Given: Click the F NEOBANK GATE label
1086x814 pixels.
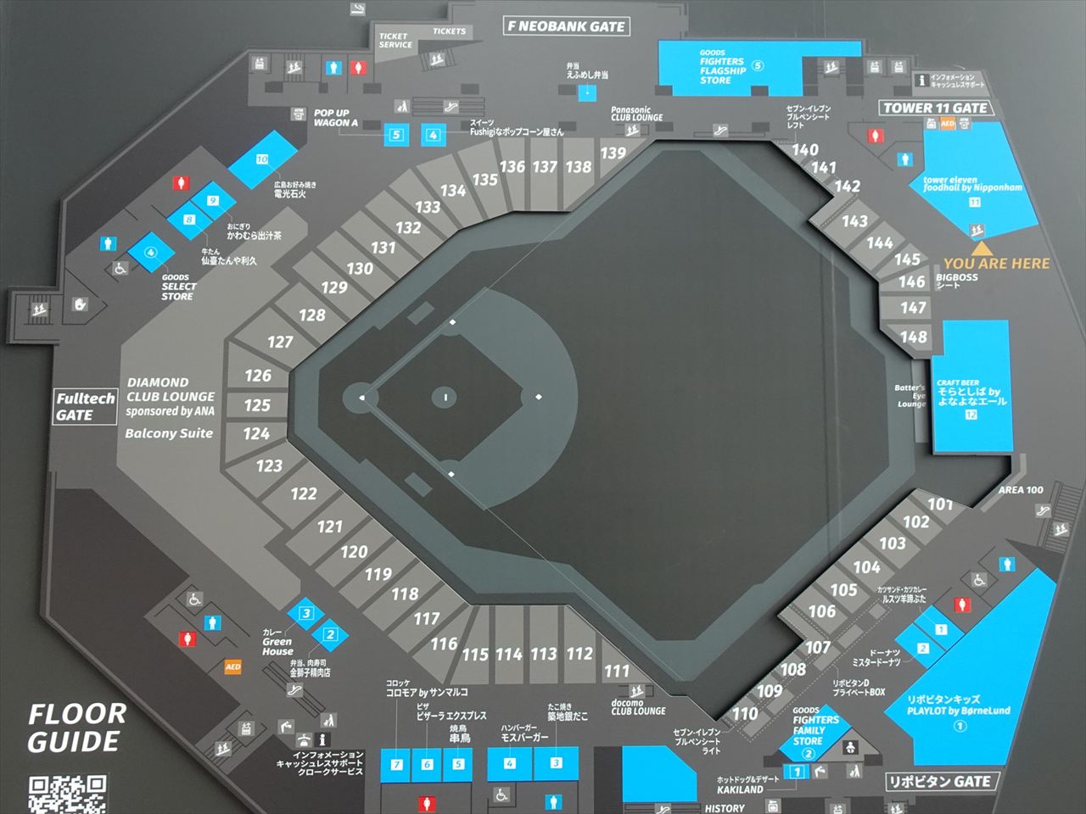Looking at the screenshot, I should click(x=566, y=26).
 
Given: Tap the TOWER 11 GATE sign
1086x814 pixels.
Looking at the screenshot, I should click(x=935, y=108).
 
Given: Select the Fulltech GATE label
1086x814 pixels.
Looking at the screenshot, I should click(x=84, y=406).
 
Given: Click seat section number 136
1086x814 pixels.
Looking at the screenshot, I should click(x=512, y=167).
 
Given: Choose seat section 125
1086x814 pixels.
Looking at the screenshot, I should click(x=257, y=405).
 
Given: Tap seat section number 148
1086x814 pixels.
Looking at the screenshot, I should click(x=913, y=337).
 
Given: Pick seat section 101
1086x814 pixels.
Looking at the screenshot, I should click(x=939, y=505).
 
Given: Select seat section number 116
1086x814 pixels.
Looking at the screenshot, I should click(x=443, y=644).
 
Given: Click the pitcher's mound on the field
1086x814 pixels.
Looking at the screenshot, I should click(x=445, y=397).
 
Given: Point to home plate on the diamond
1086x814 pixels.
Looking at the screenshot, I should click(x=361, y=397).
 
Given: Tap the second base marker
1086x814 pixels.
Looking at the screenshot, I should click(x=538, y=396).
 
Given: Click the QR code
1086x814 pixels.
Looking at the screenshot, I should click(x=68, y=794).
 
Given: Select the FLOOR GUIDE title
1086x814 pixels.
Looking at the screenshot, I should click(x=76, y=728).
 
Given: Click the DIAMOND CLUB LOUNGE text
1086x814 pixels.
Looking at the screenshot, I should click(x=171, y=389).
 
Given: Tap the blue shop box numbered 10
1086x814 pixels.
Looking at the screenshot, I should click(x=263, y=160).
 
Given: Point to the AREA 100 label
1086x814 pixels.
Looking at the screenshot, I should click(x=1021, y=490).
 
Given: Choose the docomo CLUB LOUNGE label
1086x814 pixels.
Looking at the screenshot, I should click(x=638, y=707).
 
